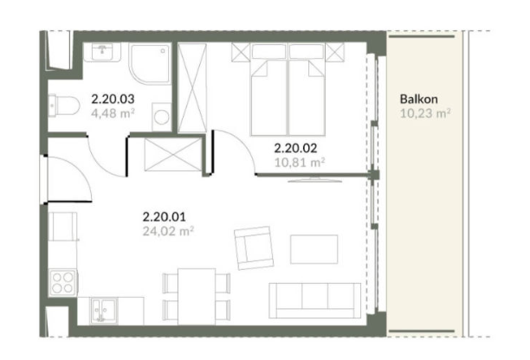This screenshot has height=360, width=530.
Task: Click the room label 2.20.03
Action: coord(113,99)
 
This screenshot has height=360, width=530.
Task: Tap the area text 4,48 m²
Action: coord(113,113)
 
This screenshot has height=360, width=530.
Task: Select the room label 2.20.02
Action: coord(296,148)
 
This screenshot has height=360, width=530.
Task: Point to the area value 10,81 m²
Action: coord(300,163)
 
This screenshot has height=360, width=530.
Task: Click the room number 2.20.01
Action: coord(165,216)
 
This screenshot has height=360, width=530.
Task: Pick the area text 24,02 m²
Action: coord(168,231)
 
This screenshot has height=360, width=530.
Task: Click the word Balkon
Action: coord(419,99)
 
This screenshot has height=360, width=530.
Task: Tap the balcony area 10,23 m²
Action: coord(425,113)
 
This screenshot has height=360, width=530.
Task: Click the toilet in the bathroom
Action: coord(63,106)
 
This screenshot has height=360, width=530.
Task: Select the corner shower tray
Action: coord(151,63)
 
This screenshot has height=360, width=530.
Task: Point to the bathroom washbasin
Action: coord(101,52)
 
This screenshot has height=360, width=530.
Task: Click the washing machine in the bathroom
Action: coord(162,117)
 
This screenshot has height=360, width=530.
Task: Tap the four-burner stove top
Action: coord(63,283)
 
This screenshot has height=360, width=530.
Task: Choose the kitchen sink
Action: coord(104,311)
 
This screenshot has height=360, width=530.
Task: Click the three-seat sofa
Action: coord(315,300)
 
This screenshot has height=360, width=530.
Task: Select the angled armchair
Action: coord(254,247)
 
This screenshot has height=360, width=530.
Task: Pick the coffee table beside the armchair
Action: coord(314,249)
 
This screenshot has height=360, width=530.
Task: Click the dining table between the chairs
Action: coord(197,297)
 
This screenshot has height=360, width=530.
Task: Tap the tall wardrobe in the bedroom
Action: coord(192,87)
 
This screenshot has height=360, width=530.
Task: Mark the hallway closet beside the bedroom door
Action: coord(173,155)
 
